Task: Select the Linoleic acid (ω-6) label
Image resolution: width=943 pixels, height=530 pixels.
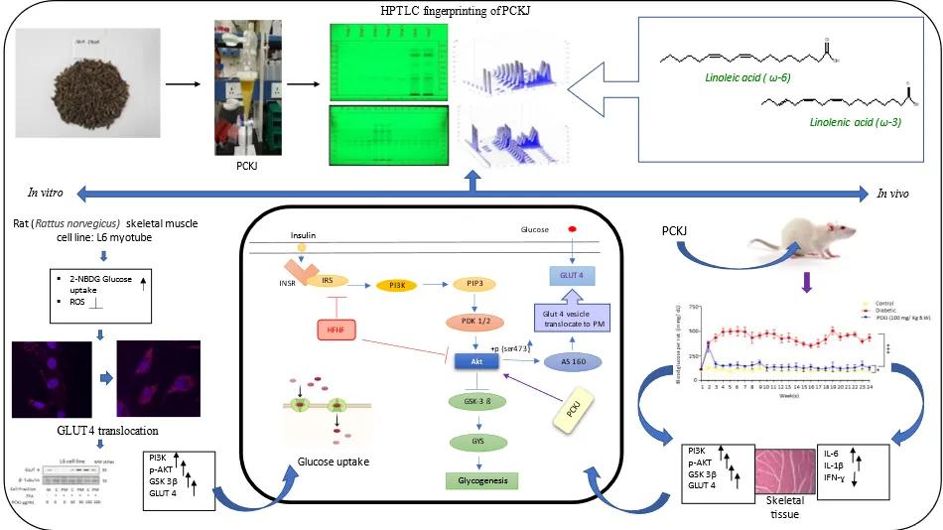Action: tap(709, 75)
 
